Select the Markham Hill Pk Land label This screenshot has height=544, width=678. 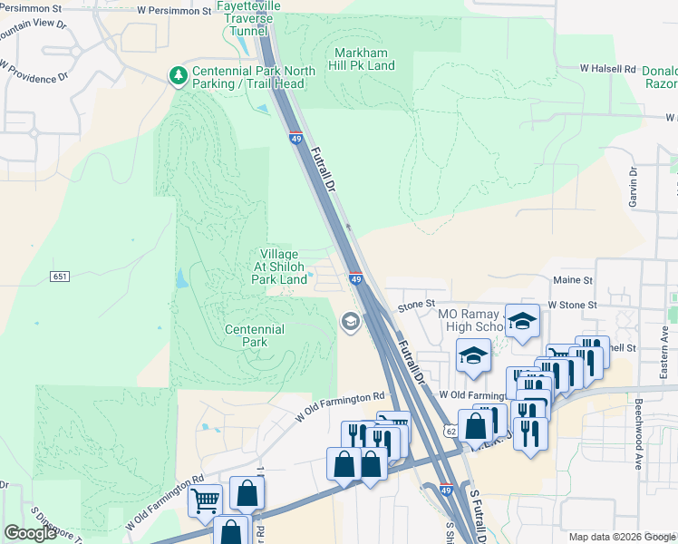click(x=364, y=59)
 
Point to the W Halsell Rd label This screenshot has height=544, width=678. click(x=608, y=69)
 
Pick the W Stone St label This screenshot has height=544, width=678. click(x=572, y=306)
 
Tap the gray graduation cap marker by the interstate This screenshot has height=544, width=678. click(x=350, y=322)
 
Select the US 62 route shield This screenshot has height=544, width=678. click(x=450, y=432)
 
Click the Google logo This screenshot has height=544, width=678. click(x=30, y=533)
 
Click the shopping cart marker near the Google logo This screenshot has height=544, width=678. click(x=205, y=499)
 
